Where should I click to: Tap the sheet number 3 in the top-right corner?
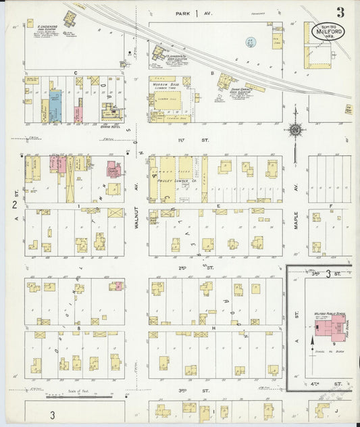click(x=342, y=12)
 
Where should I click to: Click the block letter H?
click(x=213, y=328)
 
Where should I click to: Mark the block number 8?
click(x=78, y=328)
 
